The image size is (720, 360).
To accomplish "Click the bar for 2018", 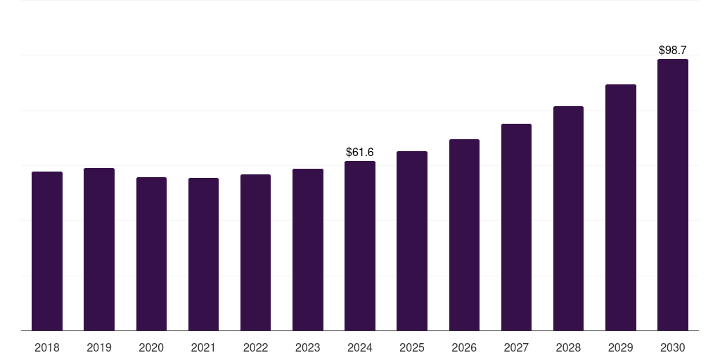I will pos(47,251).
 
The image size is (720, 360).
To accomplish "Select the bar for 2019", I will pos(99,250).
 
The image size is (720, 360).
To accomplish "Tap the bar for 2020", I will pos(151,254).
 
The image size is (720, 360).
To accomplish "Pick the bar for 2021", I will pos(203,255).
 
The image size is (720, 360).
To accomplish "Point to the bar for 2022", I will pos(255,252).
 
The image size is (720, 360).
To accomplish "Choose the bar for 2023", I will pos(308,250).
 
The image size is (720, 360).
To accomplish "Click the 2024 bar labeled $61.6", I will pos(360,246).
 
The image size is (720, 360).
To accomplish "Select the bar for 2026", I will pos(464,235).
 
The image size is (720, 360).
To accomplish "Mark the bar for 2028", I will pos(568,219).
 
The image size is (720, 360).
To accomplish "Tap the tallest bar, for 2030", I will pos(673,195).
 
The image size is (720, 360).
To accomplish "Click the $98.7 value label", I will pos(673,51).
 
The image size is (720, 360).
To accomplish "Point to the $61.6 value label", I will pos(360,153).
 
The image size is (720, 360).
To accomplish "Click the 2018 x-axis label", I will pos(47,347).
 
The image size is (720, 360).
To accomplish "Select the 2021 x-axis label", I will pos(203,347).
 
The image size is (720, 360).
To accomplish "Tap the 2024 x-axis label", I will pos(360,347).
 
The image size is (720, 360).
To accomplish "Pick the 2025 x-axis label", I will pos(412,347).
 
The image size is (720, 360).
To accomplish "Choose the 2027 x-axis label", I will pos(516,347).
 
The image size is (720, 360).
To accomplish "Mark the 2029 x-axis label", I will pos(621,347).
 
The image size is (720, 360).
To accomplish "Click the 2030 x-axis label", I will pos(673,347).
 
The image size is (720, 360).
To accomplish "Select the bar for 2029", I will pos(621,207).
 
